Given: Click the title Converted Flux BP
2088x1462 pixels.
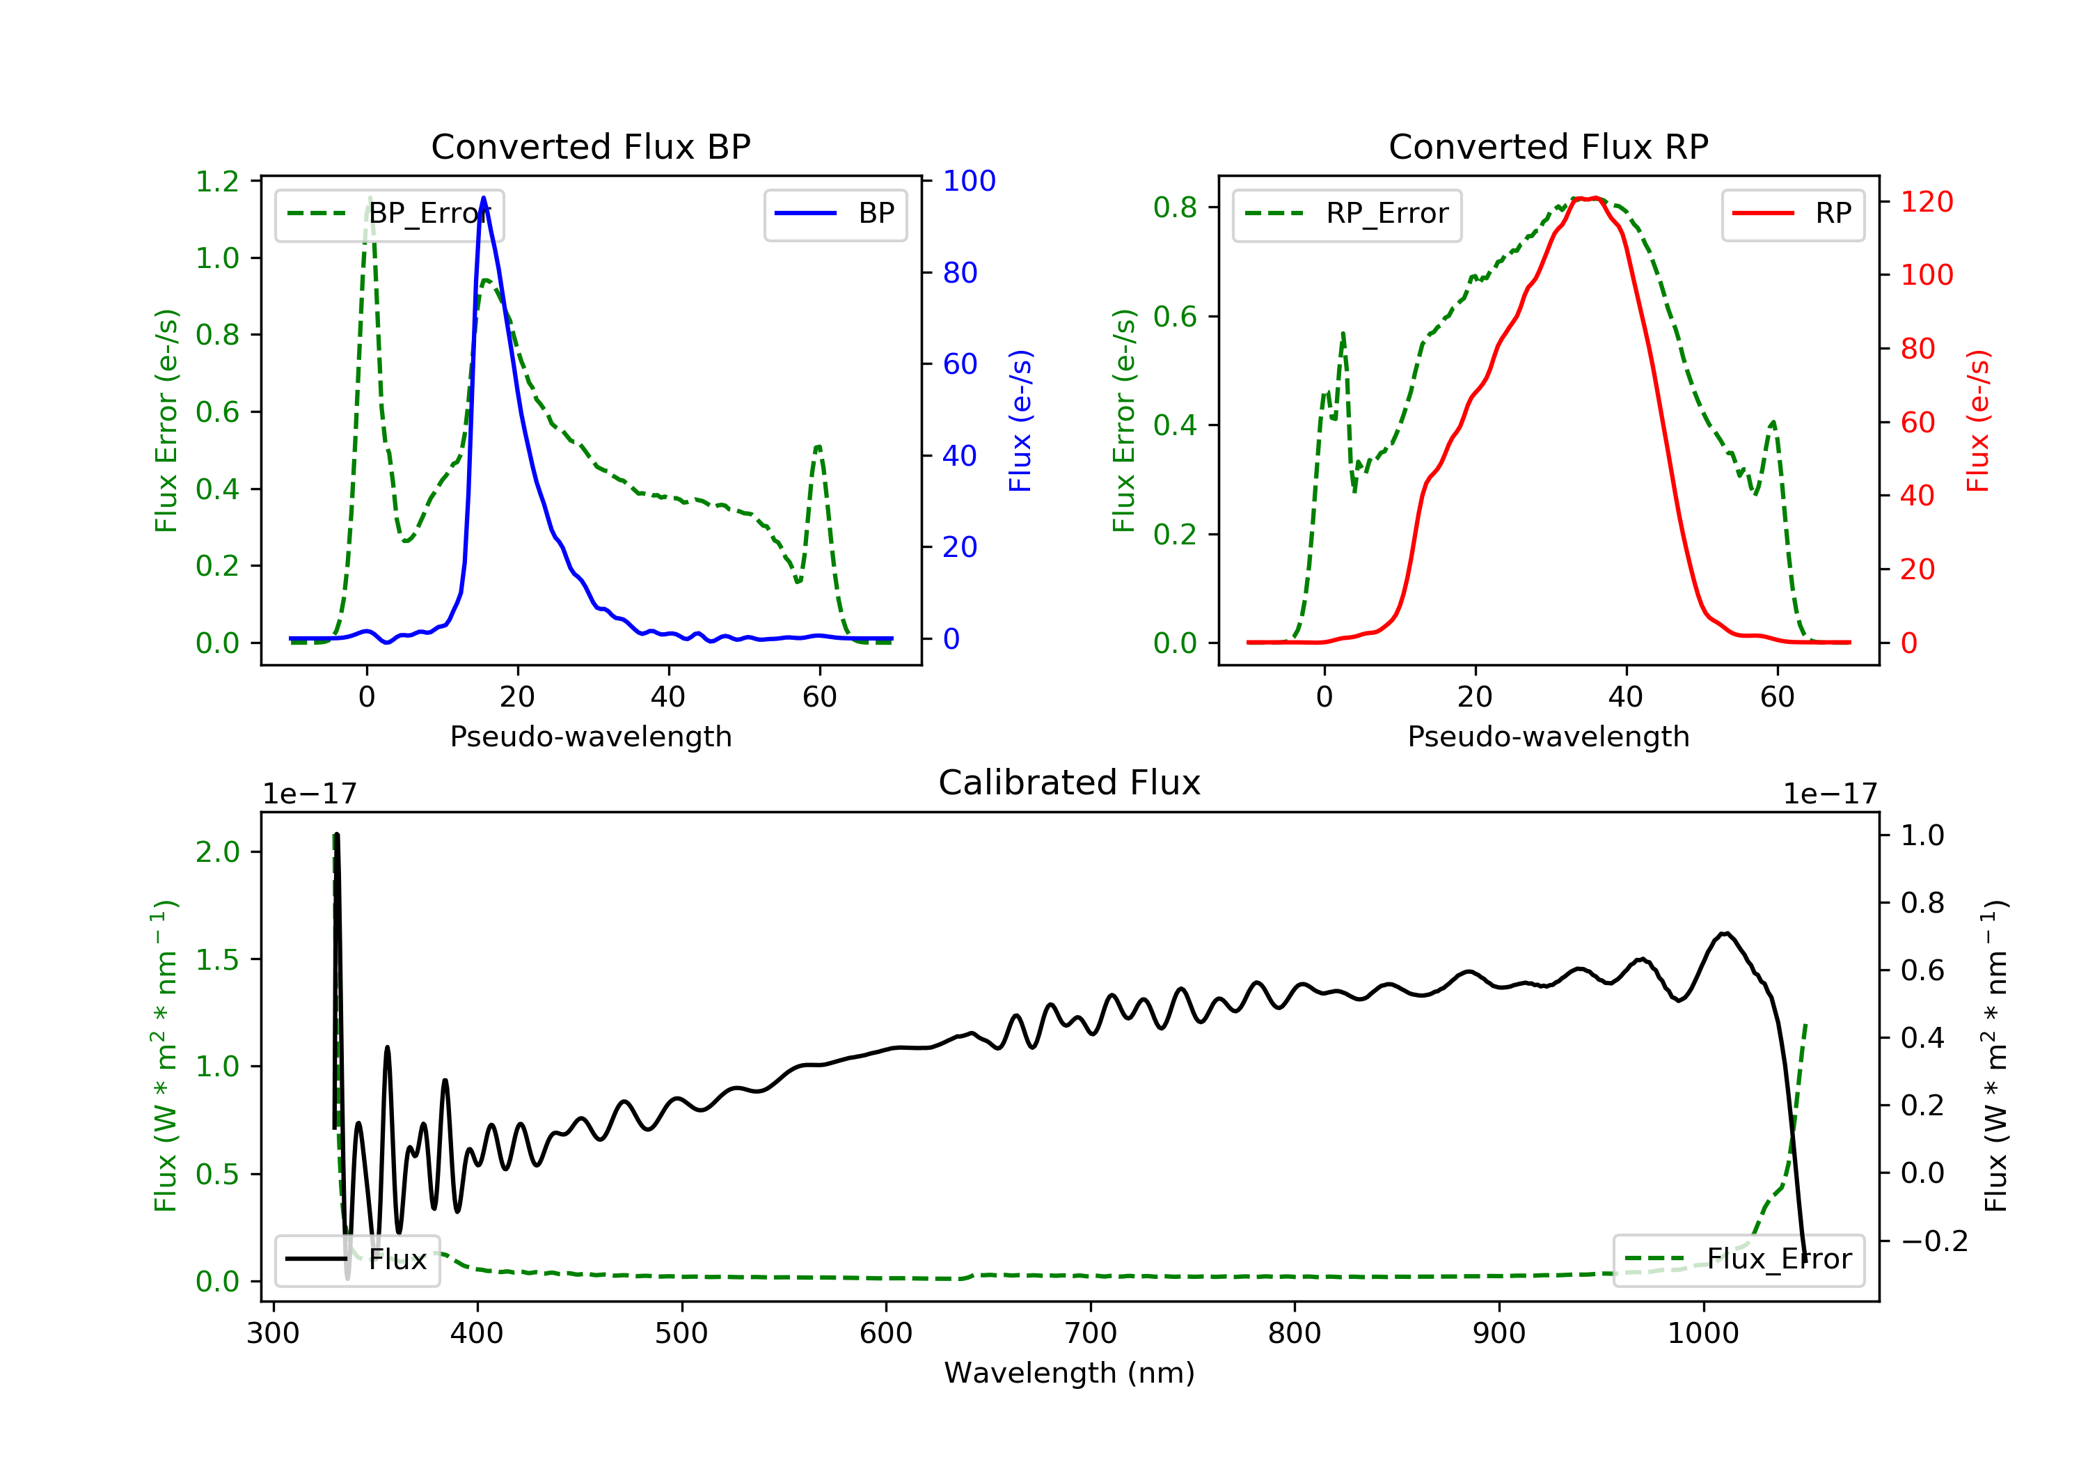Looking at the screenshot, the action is (591, 146).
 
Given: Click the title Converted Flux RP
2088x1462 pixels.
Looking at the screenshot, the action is (1549, 146).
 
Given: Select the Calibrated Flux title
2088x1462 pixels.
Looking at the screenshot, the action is (1070, 783).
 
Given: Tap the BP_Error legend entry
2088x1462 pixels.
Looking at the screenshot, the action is (389, 214).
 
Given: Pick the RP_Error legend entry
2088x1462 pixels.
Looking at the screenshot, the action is (1347, 214).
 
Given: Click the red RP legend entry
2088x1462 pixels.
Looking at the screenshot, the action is (1792, 214).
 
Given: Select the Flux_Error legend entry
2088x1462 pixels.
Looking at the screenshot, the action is (1738, 1259).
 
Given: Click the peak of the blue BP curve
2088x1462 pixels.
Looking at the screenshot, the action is (483, 198).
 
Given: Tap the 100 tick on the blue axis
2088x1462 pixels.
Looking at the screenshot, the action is (970, 180).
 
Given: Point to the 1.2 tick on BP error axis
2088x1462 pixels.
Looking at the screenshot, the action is (217, 181).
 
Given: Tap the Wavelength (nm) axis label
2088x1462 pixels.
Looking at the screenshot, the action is (1070, 1372).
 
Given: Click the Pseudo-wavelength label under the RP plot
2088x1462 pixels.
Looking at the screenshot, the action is (1549, 736).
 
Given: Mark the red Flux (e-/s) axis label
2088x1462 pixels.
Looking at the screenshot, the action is (1977, 420).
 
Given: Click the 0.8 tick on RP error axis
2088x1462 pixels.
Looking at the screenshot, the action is (1175, 207).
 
